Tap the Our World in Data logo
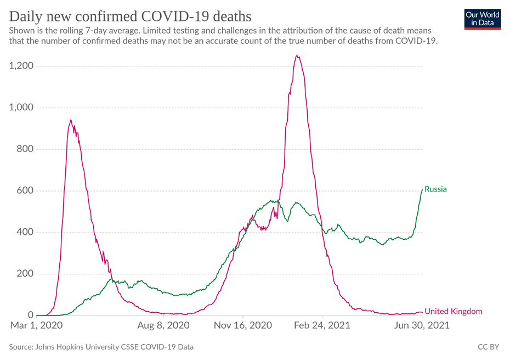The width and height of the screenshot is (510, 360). coord(482,19)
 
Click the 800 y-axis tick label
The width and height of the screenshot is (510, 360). coord(25,149)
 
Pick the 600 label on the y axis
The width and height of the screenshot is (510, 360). coord(25,191)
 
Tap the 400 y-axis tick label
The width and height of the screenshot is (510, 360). coord(25,232)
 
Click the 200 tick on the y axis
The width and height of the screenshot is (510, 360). coord(25,274)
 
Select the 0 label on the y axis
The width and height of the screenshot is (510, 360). coord(30,316)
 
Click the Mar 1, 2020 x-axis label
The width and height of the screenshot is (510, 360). coord(37,325)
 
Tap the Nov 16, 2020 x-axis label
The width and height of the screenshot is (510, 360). coord(243,325)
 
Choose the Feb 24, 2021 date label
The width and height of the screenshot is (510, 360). coord(322,325)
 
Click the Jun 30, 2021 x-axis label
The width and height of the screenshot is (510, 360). coord(423,325)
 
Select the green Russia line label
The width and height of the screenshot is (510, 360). coord(435,189)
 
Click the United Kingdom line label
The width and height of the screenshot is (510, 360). coord(454,312)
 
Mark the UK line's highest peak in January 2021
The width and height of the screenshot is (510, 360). coord(297,55)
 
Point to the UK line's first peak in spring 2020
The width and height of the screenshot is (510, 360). coord(70,120)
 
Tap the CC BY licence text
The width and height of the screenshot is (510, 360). coord(488,347)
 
